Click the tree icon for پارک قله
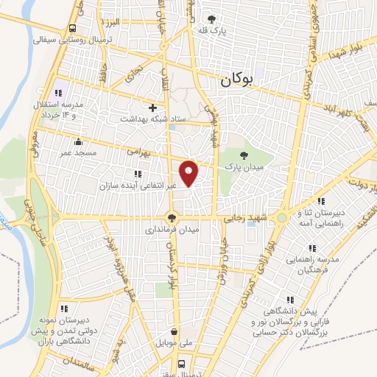pyautogui.click(x=213, y=19)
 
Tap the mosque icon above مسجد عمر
pyautogui.click(x=78, y=141)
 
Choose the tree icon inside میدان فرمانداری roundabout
pyautogui.click(x=172, y=217)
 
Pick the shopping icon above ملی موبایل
pyautogui.click(x=174, y=332)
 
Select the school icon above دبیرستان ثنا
pyautogui.click(x=320, y=201)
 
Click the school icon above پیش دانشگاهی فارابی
pyautogui.click(x=291, y=300)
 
